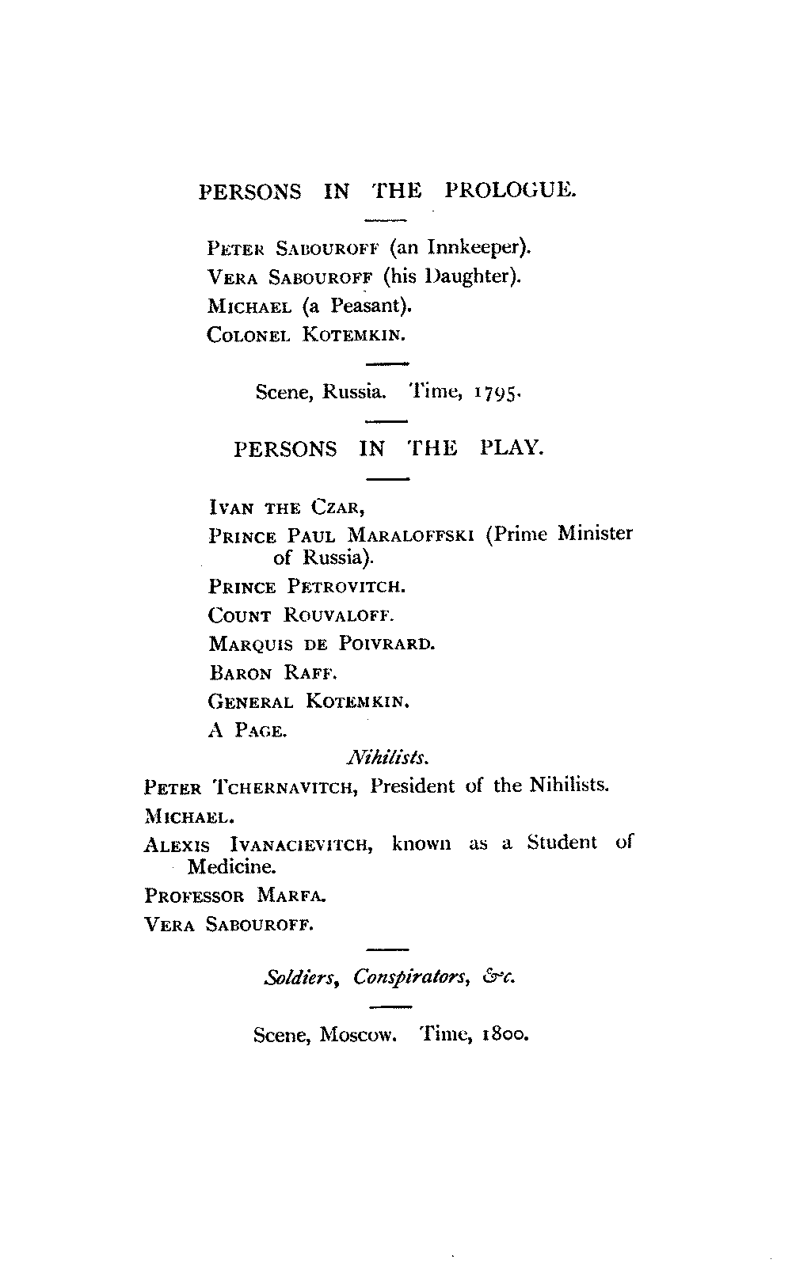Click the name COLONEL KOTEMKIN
tap(307, 334)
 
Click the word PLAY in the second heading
tap(512, 449)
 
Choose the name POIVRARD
tap(386, 644)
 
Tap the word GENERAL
tap(251, 702)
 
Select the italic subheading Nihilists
tap(387, 759)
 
